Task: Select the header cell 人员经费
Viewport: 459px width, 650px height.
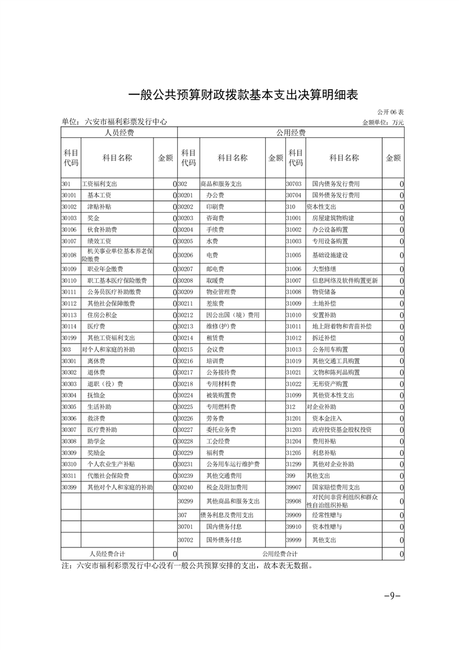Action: point(119,133)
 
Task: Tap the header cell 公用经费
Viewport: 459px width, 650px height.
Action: point(291,133)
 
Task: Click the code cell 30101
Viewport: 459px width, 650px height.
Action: point(69,195)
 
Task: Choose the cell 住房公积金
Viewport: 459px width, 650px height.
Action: point(102,316)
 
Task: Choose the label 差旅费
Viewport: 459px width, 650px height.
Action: point(215,304)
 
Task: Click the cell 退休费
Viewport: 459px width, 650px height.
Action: point(96,372)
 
